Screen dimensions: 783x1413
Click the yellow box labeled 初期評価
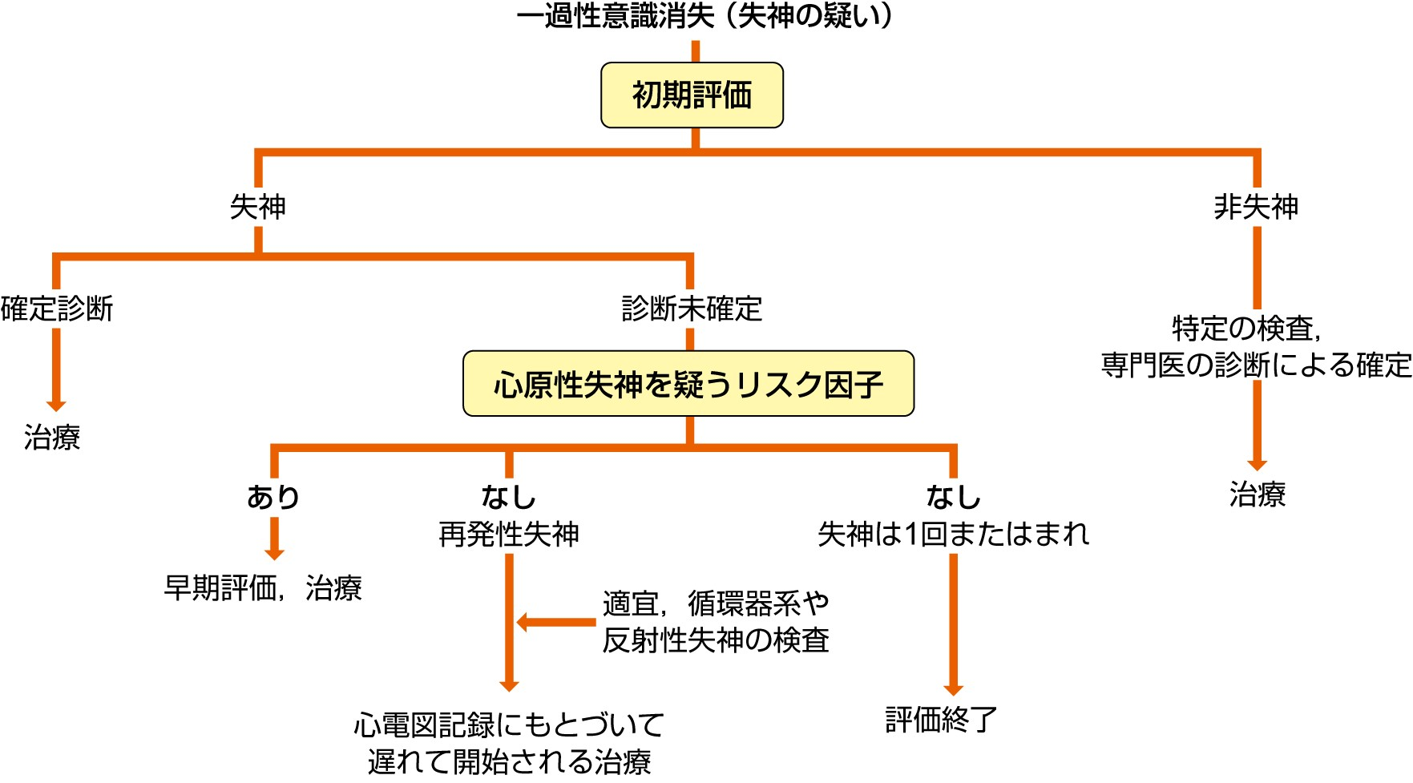point(692,95)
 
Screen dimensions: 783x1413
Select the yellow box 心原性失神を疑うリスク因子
point(688,384)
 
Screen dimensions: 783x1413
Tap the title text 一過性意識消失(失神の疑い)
point(704,16)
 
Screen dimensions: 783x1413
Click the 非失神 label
point(1256,207)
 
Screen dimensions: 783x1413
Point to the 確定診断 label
point(57,309)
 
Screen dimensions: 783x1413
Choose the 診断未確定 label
point(692,309)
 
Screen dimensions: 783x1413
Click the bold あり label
point(273,497)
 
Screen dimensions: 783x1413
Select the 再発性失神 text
point(509,534)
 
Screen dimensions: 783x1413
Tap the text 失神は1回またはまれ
point(953,534)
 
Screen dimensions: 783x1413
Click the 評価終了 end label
point(941,720)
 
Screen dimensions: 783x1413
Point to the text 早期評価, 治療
point(263,588)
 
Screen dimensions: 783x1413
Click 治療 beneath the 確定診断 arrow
point(52,438)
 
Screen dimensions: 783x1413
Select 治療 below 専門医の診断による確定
point(1257,494)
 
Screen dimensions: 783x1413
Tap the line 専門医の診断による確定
point(1256,365)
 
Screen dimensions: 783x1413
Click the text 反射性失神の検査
point(716,640)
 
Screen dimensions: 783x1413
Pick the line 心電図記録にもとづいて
point(509,725)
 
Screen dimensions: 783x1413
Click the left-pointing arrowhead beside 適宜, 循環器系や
point(523,622)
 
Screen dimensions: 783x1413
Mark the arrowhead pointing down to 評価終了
point(953,689)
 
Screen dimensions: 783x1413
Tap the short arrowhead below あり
point(274,553)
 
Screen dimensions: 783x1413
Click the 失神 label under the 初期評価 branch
point(258,207)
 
